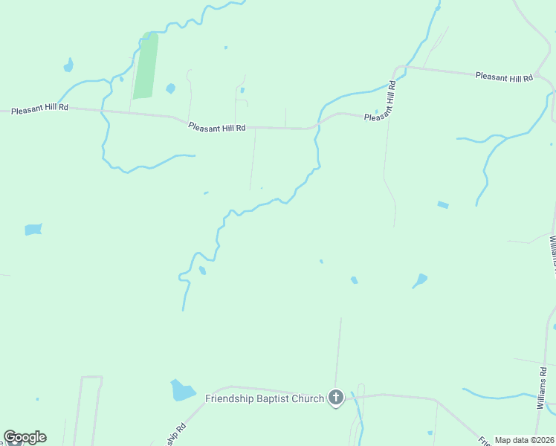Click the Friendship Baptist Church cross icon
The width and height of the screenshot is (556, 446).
point(336,398)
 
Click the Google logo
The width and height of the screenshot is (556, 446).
point(25,437)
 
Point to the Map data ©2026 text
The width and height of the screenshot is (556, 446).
point(525,440)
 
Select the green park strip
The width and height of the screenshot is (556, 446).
point(146,67)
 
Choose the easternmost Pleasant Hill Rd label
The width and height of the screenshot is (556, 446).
point(504,77)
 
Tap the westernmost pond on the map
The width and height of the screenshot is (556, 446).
point(33,229)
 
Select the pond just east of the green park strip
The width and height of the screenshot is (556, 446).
point(170,88)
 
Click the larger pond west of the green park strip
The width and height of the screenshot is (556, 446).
point(68,65)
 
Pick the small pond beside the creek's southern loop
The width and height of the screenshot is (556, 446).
point(202,271)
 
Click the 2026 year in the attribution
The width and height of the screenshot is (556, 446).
point(546,440)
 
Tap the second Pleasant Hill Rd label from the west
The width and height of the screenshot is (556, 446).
point(217,128)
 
